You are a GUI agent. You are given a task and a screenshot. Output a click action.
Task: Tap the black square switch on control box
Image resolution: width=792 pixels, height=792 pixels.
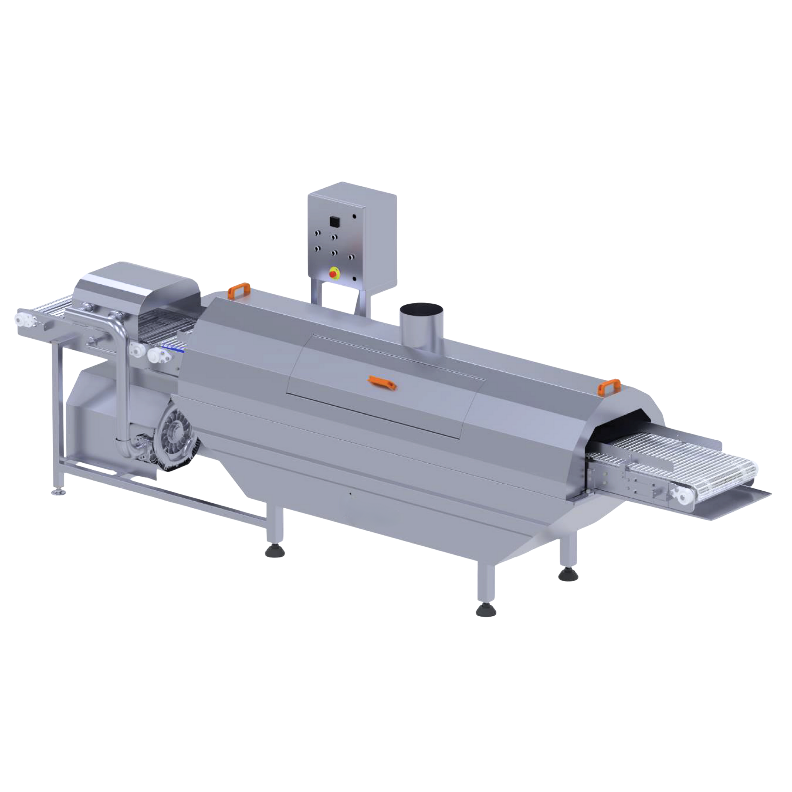[x=334, y=221]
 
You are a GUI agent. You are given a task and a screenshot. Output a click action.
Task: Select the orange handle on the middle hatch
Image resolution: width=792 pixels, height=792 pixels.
[x=382, y=382]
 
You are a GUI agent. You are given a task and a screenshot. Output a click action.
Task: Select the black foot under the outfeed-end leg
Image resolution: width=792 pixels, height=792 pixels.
[x=568, y=575]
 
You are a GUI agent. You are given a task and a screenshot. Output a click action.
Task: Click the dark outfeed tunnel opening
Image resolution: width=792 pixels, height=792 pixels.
[x=623, y=426]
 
